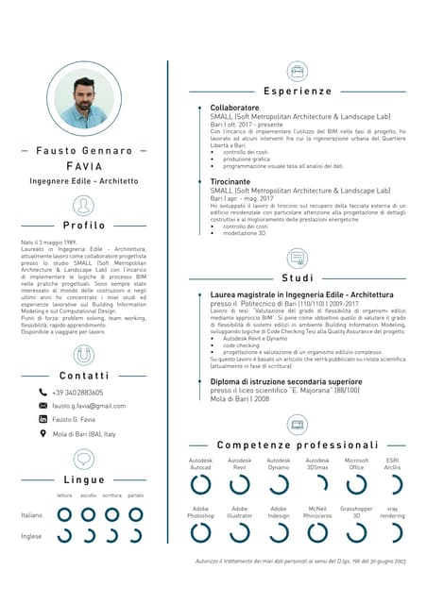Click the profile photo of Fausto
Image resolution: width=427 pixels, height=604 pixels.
pyautogui.click(x=83, y=102)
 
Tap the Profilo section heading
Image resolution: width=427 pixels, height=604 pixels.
pyautogui.click(x=84, y=226)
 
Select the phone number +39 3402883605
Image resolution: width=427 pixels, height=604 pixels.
pyautogui.click(x=77, y=392)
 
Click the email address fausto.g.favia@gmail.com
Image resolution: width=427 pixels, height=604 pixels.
pyautogui.click(x=89, y=405)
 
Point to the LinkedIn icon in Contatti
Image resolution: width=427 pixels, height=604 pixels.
pyautogui.click(x=43, y=418)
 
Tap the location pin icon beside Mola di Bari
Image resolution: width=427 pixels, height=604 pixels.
pyautogui.click(x=43, y=433)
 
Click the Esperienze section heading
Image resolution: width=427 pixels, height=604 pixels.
pyautogui.click(x=298, y=92)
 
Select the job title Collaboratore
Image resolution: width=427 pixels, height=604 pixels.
pyautogui.click(x=234, y=109)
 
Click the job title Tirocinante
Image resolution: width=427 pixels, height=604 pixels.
pyautogui.click(x=231, y=181)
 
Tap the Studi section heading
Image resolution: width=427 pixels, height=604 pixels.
pyautogui.click(x=298, y=278)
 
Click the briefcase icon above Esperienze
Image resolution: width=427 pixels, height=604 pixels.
pyautogui.click(x=298, y=70)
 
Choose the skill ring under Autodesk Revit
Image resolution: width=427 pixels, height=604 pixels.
pyautogui.click(x=240, y=484)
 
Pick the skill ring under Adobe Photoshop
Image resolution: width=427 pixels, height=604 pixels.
pyautogui.click(x=200, y=533)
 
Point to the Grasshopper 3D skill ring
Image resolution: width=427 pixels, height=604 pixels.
pyautogui.click(x=356, y=533)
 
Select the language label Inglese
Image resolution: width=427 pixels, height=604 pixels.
pyautogui.click(x=31, y=535)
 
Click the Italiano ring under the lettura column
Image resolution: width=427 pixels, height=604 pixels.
pyautogui.click(x=64, y=514)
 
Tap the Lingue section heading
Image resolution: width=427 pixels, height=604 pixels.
pyautogui.click(x=84, y=480)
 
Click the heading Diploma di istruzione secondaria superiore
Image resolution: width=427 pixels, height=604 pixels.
pyautogui.click(x=285, y=381)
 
